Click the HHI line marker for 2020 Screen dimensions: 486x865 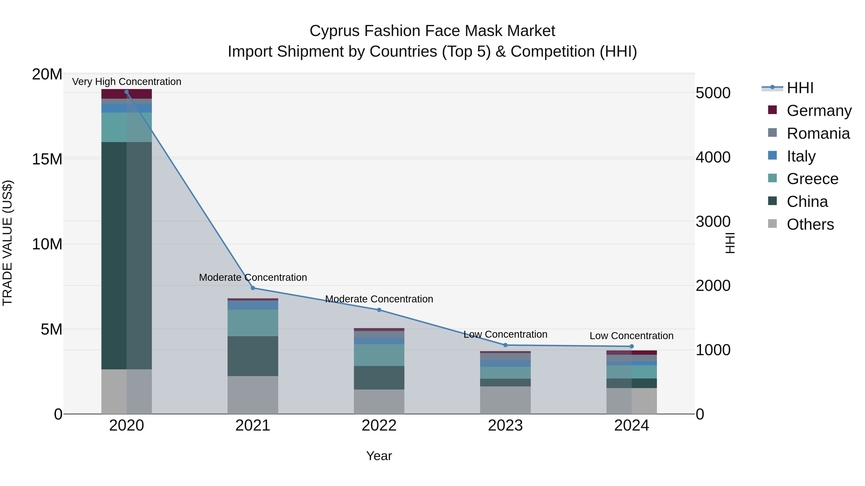(127, 92)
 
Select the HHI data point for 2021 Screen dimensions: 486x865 (253, 288)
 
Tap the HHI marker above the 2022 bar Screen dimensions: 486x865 (379, 310)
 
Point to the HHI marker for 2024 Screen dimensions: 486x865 (632, 347)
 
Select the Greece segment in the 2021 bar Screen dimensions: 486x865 (253, 323)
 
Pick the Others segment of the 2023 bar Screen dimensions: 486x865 (505, 400)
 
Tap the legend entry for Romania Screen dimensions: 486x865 (818, 133)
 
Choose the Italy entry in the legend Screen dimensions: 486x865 (801, 156)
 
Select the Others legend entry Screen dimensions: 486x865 (810, 224)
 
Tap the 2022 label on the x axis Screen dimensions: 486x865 (379, 426)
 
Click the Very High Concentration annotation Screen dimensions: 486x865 (127, 82)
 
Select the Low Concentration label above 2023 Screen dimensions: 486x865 (505, 334)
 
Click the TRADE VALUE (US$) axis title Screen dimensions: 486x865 (8, 243)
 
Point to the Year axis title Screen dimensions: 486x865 (379, 456)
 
